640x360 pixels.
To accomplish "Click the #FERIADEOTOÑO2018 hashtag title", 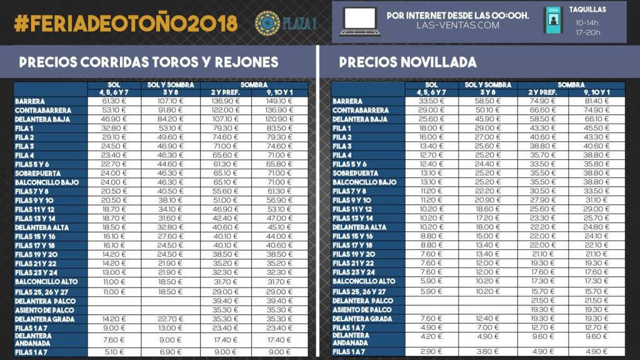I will pyautogui.click(x=126, y=23).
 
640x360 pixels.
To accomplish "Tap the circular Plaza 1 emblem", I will pyautogui.click(x=267, y=23).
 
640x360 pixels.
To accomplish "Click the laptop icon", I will pyautogui.click(x=360, y=22).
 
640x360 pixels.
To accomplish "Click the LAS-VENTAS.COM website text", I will pyautogui.click(x=458, y=26).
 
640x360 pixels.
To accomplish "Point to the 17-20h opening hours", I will pyautogui.click(x=588, y=32).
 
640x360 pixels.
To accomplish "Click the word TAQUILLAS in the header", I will pyautogui.click(x=588, y=10).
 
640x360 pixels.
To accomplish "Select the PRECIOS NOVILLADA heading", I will pyautogui.click(x=407, y=62).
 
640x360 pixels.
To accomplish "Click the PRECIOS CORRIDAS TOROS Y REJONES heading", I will pyautogui.click(x=149, y=62).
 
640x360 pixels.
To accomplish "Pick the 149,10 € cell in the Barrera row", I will pyautogui.click(x=279, y=101).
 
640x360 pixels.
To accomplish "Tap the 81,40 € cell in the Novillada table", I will pyautogui.click(x=597, y=101).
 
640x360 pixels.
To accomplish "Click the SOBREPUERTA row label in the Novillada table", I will pyautogui.click(x=356, y=172).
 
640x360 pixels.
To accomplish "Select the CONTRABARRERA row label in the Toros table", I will pyautogui.click(x=42, y=110).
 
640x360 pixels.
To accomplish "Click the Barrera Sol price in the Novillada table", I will pyautogui.click(x=432, y=101).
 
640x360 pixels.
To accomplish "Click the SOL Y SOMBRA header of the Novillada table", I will pyautogui.click(x=488, y=84).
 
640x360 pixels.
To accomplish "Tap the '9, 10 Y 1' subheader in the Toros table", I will pyautogui.click(x=279, y=92).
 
